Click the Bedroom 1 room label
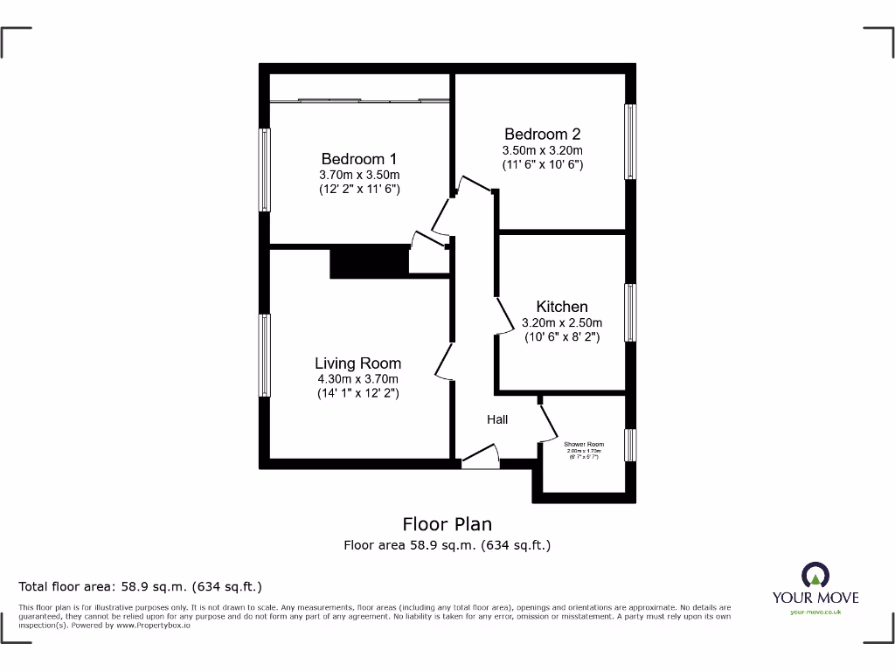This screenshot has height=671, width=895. point(358,159)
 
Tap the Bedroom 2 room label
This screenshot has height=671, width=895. point(542,134)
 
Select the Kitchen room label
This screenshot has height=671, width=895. point(561,307)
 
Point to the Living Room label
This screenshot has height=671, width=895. point(357,363)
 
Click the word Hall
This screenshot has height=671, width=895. point(497,420)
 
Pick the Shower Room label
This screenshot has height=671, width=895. point(584,445)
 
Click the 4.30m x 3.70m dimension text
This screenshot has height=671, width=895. point(357,379)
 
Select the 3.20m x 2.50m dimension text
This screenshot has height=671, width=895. point(561,322)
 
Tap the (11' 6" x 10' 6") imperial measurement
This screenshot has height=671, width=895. point(542,164)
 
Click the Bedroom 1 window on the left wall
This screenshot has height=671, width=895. point(264,169)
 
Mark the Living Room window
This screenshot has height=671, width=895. point(264,356)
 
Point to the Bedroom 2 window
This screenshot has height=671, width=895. point(630,142)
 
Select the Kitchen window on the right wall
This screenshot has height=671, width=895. point(630,312)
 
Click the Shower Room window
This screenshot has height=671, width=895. point(630,443)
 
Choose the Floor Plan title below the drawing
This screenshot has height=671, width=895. point(447,524)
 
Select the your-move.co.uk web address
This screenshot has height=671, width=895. point(815,612)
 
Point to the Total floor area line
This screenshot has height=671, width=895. point(141,586)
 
